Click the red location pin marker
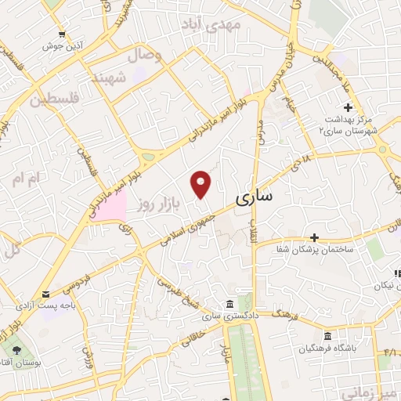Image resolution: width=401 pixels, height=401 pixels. (x=202, y=184)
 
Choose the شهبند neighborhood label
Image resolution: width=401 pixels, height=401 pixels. (x=110, y=78)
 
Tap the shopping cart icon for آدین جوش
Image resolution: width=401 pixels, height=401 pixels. (x=63, y=34)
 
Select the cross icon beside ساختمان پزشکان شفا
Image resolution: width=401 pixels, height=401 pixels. (x=314, y=237)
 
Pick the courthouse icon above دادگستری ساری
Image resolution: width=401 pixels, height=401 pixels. (x=228, y=304)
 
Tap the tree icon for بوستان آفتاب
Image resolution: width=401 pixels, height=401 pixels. (x=16, y=347)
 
